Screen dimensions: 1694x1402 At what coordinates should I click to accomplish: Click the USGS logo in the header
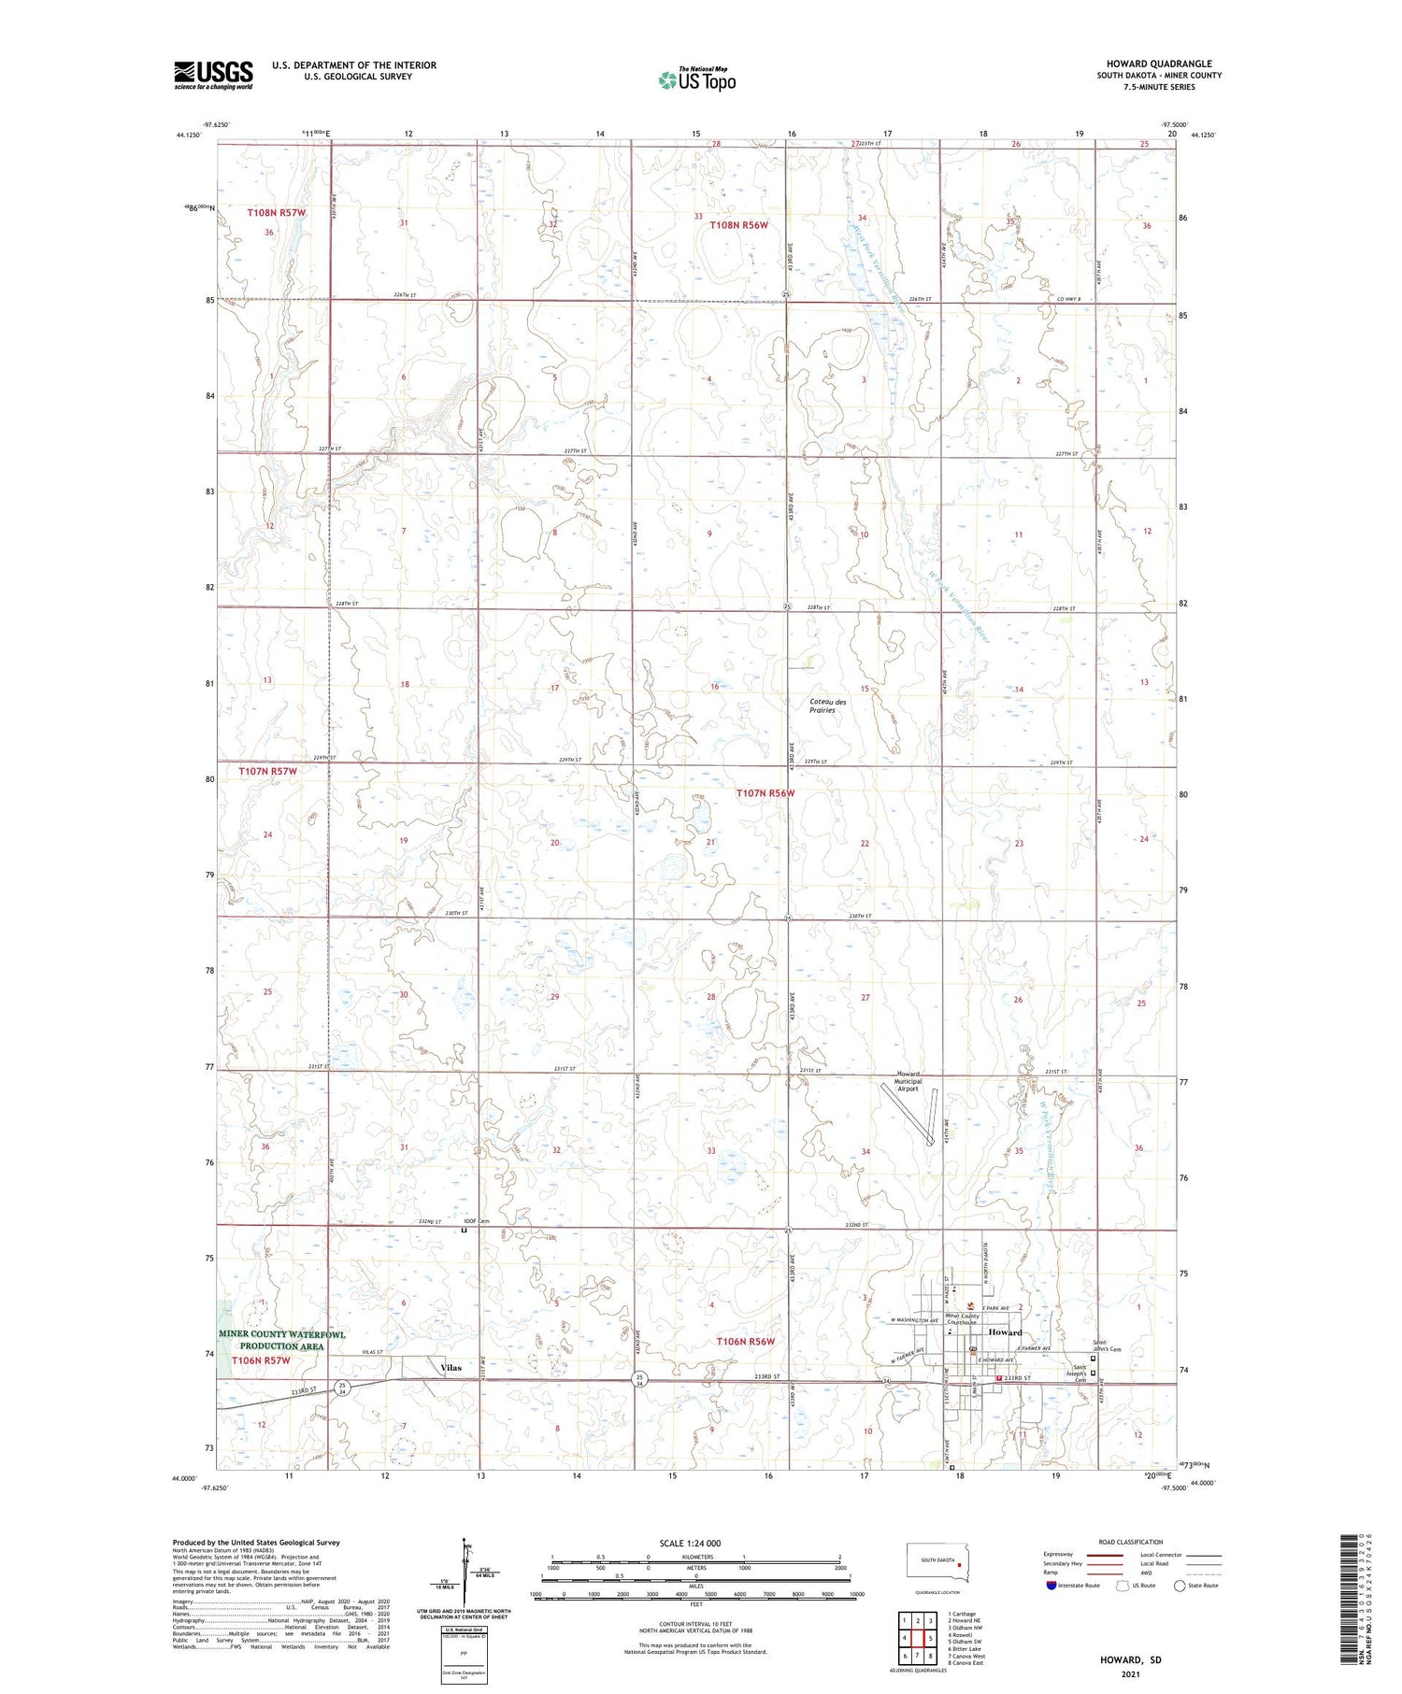pos(213,75)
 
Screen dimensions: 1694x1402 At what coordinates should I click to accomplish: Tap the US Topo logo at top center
pos(697,80)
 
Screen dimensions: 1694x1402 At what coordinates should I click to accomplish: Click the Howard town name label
pos(1006,1332)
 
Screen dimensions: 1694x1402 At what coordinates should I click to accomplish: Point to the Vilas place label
pos(451,1368)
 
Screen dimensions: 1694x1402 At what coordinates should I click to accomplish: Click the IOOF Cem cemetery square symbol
pos(464,1231)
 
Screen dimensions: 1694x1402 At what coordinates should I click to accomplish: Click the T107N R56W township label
pos(765,793)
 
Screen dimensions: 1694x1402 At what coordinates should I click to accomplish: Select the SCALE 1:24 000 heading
pos(690,1543)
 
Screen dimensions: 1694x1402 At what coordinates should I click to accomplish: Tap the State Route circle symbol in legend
pos(1180,1586)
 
